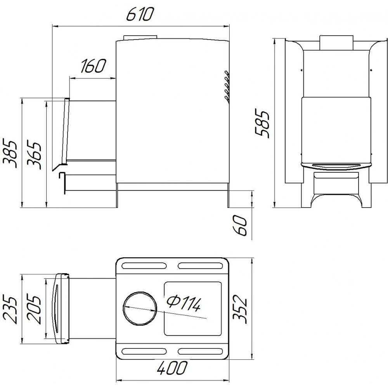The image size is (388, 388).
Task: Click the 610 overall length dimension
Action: [140, 14]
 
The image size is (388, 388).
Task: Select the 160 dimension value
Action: [93, 66]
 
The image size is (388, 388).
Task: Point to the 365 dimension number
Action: [34, 156]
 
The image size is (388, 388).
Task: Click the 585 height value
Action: [262, 123]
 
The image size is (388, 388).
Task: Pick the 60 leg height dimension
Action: [240, 225]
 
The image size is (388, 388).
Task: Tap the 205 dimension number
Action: [34, 309]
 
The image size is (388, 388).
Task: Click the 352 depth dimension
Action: [240, 309]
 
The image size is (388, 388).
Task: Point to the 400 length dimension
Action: [172, 368]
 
